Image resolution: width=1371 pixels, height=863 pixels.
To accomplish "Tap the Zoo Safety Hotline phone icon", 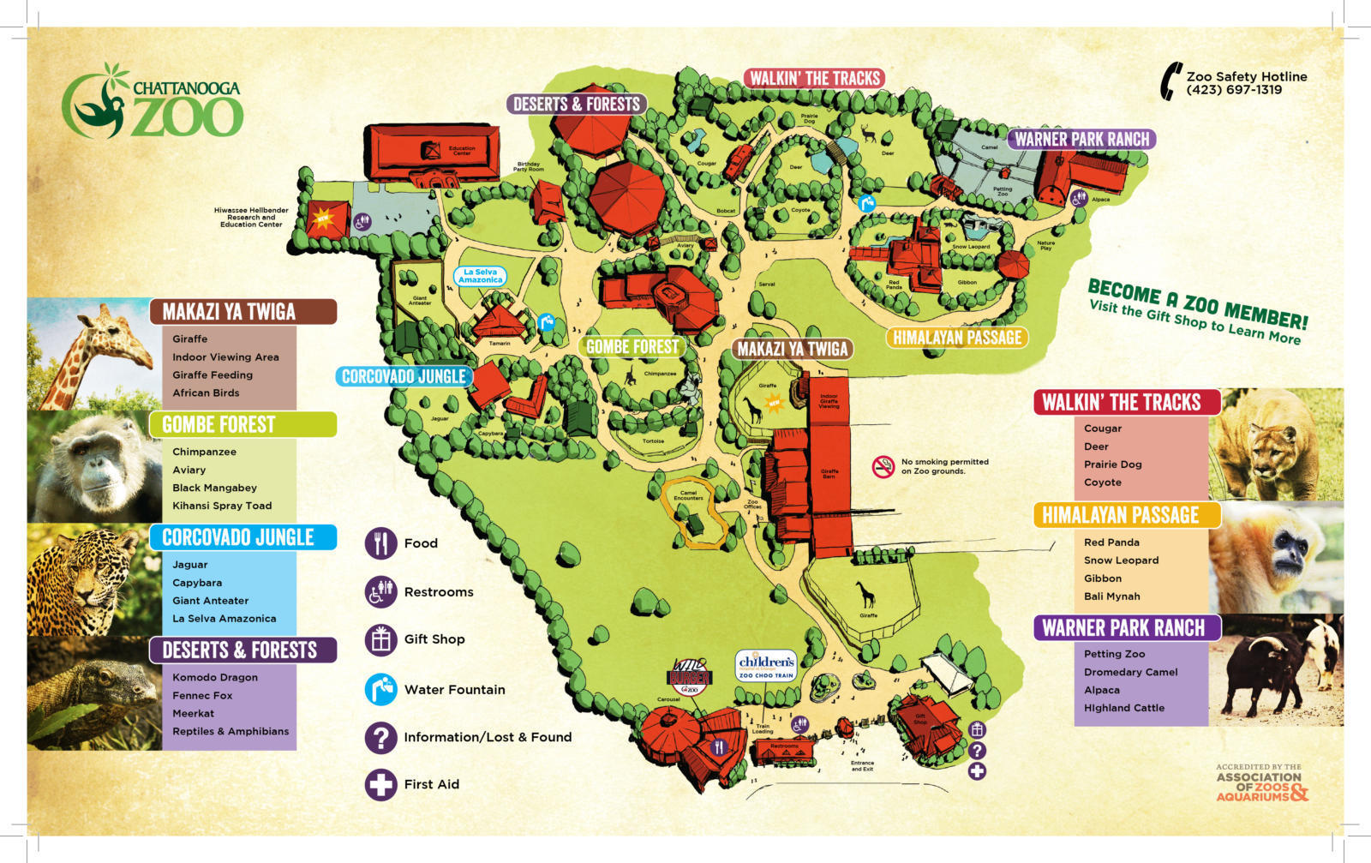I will click(x=1170, y=82).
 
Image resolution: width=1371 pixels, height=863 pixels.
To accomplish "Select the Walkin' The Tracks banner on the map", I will click(x=814, y=79).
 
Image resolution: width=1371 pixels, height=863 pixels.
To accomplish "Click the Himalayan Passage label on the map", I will click(x=956, y=338).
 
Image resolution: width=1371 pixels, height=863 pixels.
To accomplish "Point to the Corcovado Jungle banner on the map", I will click(x=404, y=376).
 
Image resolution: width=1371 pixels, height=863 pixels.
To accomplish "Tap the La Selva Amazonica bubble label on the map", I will click(x=480, y=276).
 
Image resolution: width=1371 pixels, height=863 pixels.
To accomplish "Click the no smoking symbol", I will click(x=883, y=466).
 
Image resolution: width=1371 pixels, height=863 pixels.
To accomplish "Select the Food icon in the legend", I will click(x=380, y=543).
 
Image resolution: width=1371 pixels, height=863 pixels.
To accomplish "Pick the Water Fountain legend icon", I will click(x=380, y=689).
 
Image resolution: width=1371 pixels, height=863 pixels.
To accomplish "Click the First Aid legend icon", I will click(x=380, y=784).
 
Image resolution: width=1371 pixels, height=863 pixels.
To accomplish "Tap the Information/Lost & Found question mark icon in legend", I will click(x=380, y=737).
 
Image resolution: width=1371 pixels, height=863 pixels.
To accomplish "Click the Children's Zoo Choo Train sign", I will click(x=766, y=666).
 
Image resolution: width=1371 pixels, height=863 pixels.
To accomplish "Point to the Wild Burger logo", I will click(x=689, y=677).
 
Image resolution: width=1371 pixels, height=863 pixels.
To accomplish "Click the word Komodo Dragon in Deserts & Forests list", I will click(x=215, y=677).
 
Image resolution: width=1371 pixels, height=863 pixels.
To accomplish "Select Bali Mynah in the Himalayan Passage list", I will click(x=1111, y=596).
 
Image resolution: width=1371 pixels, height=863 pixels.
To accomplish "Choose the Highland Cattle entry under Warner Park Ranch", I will click(x=1123, y=708).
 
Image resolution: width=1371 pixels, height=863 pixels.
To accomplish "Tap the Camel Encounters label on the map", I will click(x=689, y=495).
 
